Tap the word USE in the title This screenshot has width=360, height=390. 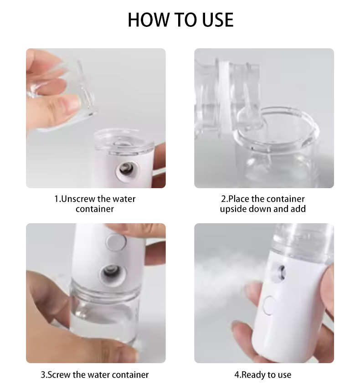coord(216,20)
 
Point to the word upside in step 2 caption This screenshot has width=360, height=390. coord(233,209)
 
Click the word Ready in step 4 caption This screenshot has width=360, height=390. coord(252,375)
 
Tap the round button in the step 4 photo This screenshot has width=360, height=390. coord(269,306)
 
